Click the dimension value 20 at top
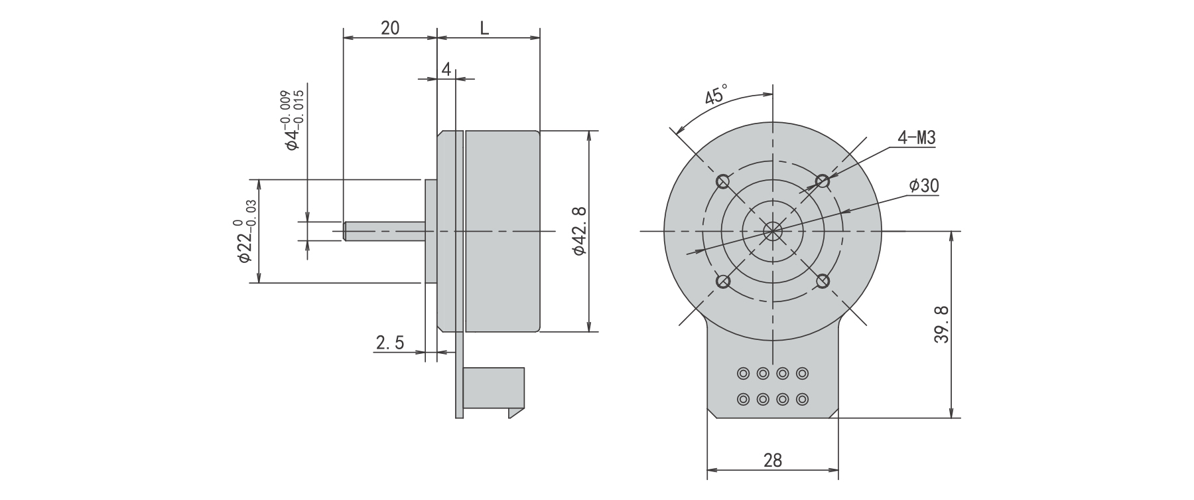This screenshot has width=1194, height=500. tap(390, 28)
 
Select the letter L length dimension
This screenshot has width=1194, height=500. tap(485, 28)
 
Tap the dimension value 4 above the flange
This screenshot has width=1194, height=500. tap(446, 69)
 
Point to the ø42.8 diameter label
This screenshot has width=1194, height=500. tap(578, 231)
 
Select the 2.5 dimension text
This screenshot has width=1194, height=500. tap(390, 343)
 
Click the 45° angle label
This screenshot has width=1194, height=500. tap(716, 95)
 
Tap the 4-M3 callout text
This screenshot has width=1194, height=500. tap(916, 138)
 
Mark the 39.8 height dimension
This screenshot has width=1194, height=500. tap(942, 324)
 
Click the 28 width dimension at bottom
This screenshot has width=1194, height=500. tap(773, 459)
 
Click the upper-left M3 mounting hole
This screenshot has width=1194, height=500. tap(723, 181)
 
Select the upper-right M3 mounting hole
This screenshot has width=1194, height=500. tap(823, 181)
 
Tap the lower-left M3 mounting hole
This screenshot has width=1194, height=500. tap(723, 282)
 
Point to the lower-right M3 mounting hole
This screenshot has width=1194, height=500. tap(823, 282)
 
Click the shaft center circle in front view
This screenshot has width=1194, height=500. tap(773, 231)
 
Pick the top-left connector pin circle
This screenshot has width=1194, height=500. tap(743, 374)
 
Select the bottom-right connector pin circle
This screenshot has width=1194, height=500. tap(803, 400)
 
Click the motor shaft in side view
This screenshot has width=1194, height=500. tap(385, 231)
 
